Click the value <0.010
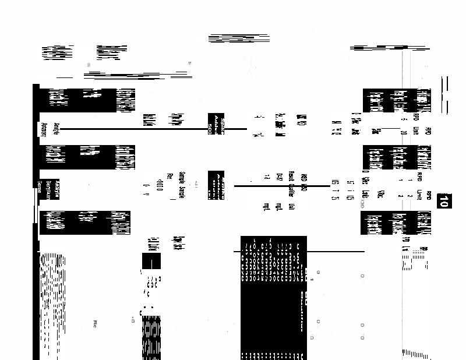point(158,186)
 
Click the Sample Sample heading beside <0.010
point(181,186)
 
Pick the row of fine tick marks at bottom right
point(416,353)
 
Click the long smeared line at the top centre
point(239,40)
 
